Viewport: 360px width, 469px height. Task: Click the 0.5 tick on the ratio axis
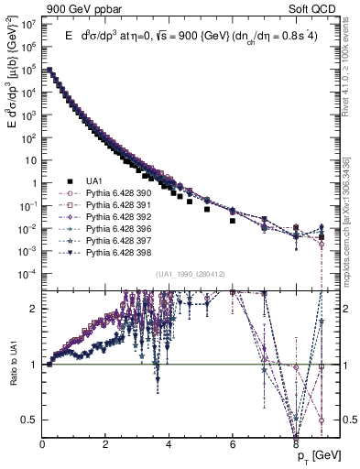point(30,420)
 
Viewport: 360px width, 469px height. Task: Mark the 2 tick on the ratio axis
point(34,309)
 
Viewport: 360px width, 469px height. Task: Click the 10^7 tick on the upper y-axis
point(29,24)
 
